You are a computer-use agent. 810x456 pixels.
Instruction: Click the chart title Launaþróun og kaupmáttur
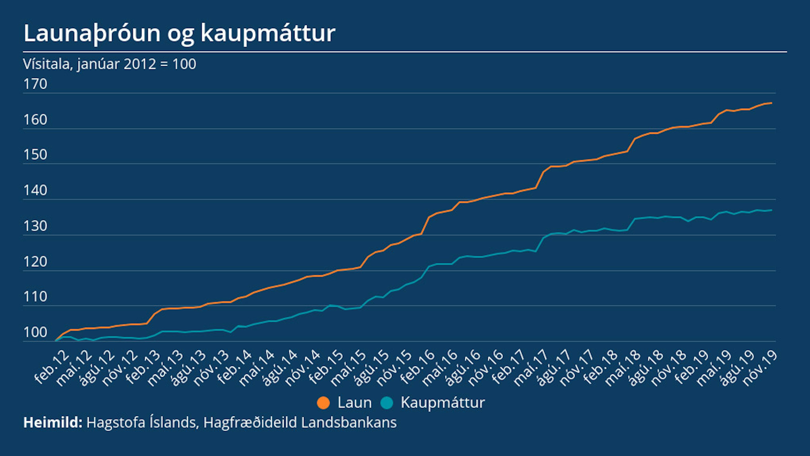(179, 33)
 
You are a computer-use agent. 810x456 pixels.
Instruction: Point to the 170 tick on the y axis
(35, 84)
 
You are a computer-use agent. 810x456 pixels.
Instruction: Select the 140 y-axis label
(35, 190)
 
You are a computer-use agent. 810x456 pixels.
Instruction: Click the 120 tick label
(35, 262)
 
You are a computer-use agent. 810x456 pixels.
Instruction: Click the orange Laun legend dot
(323, 403)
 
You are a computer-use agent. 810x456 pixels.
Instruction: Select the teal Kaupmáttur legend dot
(387, 403)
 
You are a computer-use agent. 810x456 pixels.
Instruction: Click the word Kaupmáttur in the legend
(443, 403)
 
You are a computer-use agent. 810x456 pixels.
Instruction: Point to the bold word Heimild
(53, 422)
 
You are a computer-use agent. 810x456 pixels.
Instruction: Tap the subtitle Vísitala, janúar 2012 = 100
(109, 64)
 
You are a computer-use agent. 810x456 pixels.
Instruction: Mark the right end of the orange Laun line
(771, 103)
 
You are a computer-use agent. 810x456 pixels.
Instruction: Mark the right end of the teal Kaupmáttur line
(771, 210)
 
